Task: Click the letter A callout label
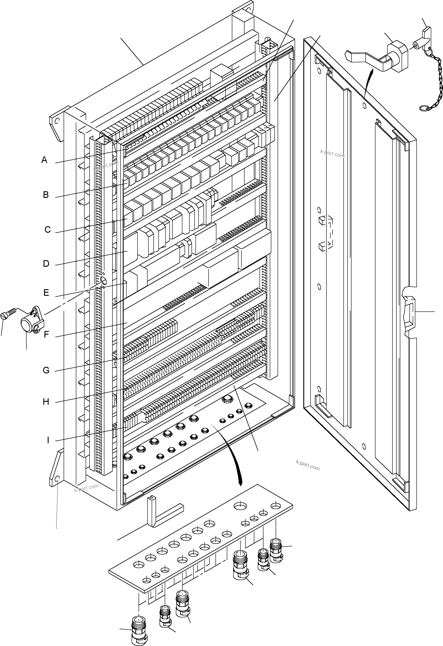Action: [44, 160]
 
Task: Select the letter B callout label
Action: [46, 195]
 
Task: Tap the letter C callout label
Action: [48, 230]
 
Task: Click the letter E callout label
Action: [46, 293]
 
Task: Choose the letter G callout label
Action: [46, 370]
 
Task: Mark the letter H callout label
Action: [46, 402]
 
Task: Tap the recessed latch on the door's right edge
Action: [409, 313]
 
